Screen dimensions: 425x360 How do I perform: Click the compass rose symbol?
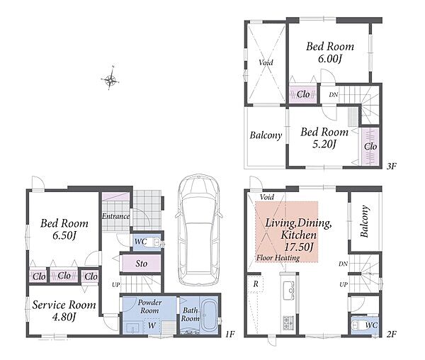[x=110, y=79]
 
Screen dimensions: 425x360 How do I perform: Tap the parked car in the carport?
[x=198, y=230]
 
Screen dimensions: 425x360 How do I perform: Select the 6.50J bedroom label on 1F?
[x=64, y=230]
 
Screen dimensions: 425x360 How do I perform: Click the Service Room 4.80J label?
[x=64, y=310]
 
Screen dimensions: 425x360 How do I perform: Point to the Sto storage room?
[x=141, y=263]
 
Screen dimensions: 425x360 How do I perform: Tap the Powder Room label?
[x=149, y=306]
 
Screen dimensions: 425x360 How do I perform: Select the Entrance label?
[x=115, y=216]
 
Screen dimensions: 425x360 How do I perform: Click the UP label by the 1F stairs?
[x=116, y=285]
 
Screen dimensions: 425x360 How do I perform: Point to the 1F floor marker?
[x=229, y=334]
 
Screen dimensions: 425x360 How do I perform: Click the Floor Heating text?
[x=278, y=258]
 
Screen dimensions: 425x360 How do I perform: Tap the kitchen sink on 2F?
[x=289, y=290]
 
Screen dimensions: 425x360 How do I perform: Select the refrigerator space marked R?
[x=255, y=284]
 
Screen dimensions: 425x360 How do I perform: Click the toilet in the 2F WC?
[x=357, y=325]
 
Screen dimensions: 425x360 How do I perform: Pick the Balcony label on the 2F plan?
[x=365, y=221]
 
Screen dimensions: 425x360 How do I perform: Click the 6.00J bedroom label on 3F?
[x=330, y=52]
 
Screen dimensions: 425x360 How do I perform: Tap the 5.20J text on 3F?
[x=324, y=144]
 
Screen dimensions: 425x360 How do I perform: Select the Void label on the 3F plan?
[x=266, y=62]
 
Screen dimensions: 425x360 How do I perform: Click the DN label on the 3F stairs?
[x=334, y=95]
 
